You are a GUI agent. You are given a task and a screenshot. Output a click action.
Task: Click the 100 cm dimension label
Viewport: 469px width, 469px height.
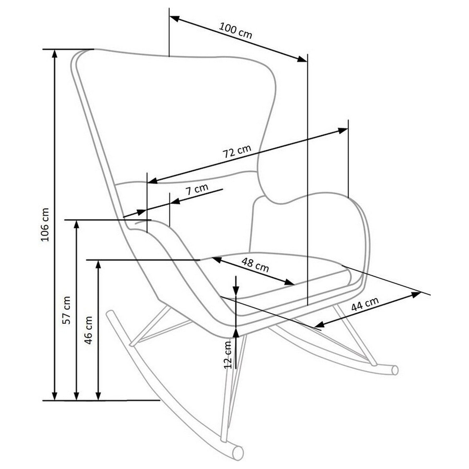236,31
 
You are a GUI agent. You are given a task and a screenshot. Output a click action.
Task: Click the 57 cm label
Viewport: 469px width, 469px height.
67,310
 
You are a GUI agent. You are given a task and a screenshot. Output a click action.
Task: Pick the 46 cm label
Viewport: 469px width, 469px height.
89,330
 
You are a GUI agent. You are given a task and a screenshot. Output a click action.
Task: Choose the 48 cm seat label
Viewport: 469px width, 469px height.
255,264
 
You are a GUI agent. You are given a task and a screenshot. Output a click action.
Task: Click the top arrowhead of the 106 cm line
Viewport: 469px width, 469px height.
54,53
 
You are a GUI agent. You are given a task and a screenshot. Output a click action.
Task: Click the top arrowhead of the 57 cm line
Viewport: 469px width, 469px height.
76,224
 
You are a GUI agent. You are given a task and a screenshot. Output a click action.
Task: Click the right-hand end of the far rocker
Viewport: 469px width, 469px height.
395,370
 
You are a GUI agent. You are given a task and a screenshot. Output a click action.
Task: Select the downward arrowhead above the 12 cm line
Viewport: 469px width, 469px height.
236,292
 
